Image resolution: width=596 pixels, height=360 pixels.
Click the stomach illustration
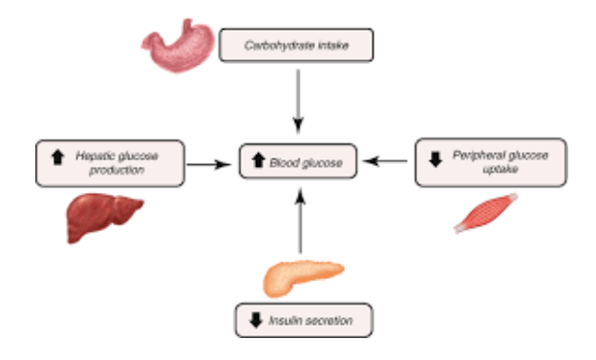(x=178, y=49)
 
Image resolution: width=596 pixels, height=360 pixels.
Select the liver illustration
(x=103, y=217)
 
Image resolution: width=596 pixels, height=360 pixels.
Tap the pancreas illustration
(x=299, y=277)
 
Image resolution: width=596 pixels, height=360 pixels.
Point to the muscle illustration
(x=486, y=214)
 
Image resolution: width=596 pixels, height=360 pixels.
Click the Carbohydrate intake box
(x=295, y=44)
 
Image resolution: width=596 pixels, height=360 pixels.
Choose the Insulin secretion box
(x=303, y=319)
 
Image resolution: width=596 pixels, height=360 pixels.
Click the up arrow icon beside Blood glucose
(x=258, y=163)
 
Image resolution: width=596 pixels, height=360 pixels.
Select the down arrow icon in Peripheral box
(x=436, y=159)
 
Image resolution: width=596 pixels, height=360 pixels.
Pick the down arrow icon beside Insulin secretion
(x=255, y=319)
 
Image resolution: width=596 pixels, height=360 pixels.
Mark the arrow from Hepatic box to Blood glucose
(x=208, y=164)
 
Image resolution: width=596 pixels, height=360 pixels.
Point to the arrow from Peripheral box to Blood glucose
(x=391, y=163)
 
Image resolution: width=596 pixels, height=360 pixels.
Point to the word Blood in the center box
(x=286, y=163)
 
